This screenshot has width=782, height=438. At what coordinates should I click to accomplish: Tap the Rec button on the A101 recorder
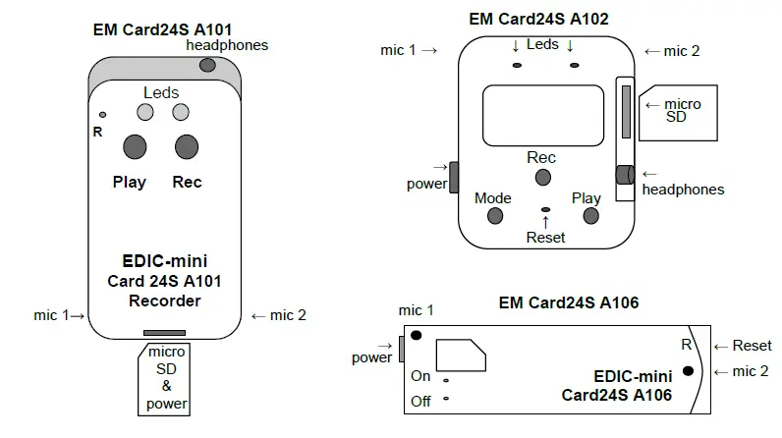point(187,147)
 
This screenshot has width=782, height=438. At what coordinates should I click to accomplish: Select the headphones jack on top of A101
point(206,65)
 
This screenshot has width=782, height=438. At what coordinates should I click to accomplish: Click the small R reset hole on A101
point(103,115)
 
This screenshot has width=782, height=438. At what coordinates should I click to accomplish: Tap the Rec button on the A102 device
point(542,178)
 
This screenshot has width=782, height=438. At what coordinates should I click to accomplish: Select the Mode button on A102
point(494,215)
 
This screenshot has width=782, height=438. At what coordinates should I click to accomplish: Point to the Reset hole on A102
point(545,210)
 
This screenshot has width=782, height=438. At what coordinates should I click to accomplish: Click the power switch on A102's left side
point(454,178)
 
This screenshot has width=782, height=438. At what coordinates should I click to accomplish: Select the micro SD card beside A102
point(669,112)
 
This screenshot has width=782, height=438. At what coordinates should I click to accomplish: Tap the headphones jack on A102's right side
point(624,175)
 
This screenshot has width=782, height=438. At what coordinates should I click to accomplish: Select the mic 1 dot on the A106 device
point(416,336)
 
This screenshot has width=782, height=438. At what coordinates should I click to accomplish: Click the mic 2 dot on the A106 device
point(690,370)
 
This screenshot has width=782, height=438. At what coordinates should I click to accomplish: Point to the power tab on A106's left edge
point(401,347)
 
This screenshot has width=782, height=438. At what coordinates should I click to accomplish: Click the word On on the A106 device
point(420,376)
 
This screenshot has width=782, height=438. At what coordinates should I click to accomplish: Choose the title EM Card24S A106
point(569,302)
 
